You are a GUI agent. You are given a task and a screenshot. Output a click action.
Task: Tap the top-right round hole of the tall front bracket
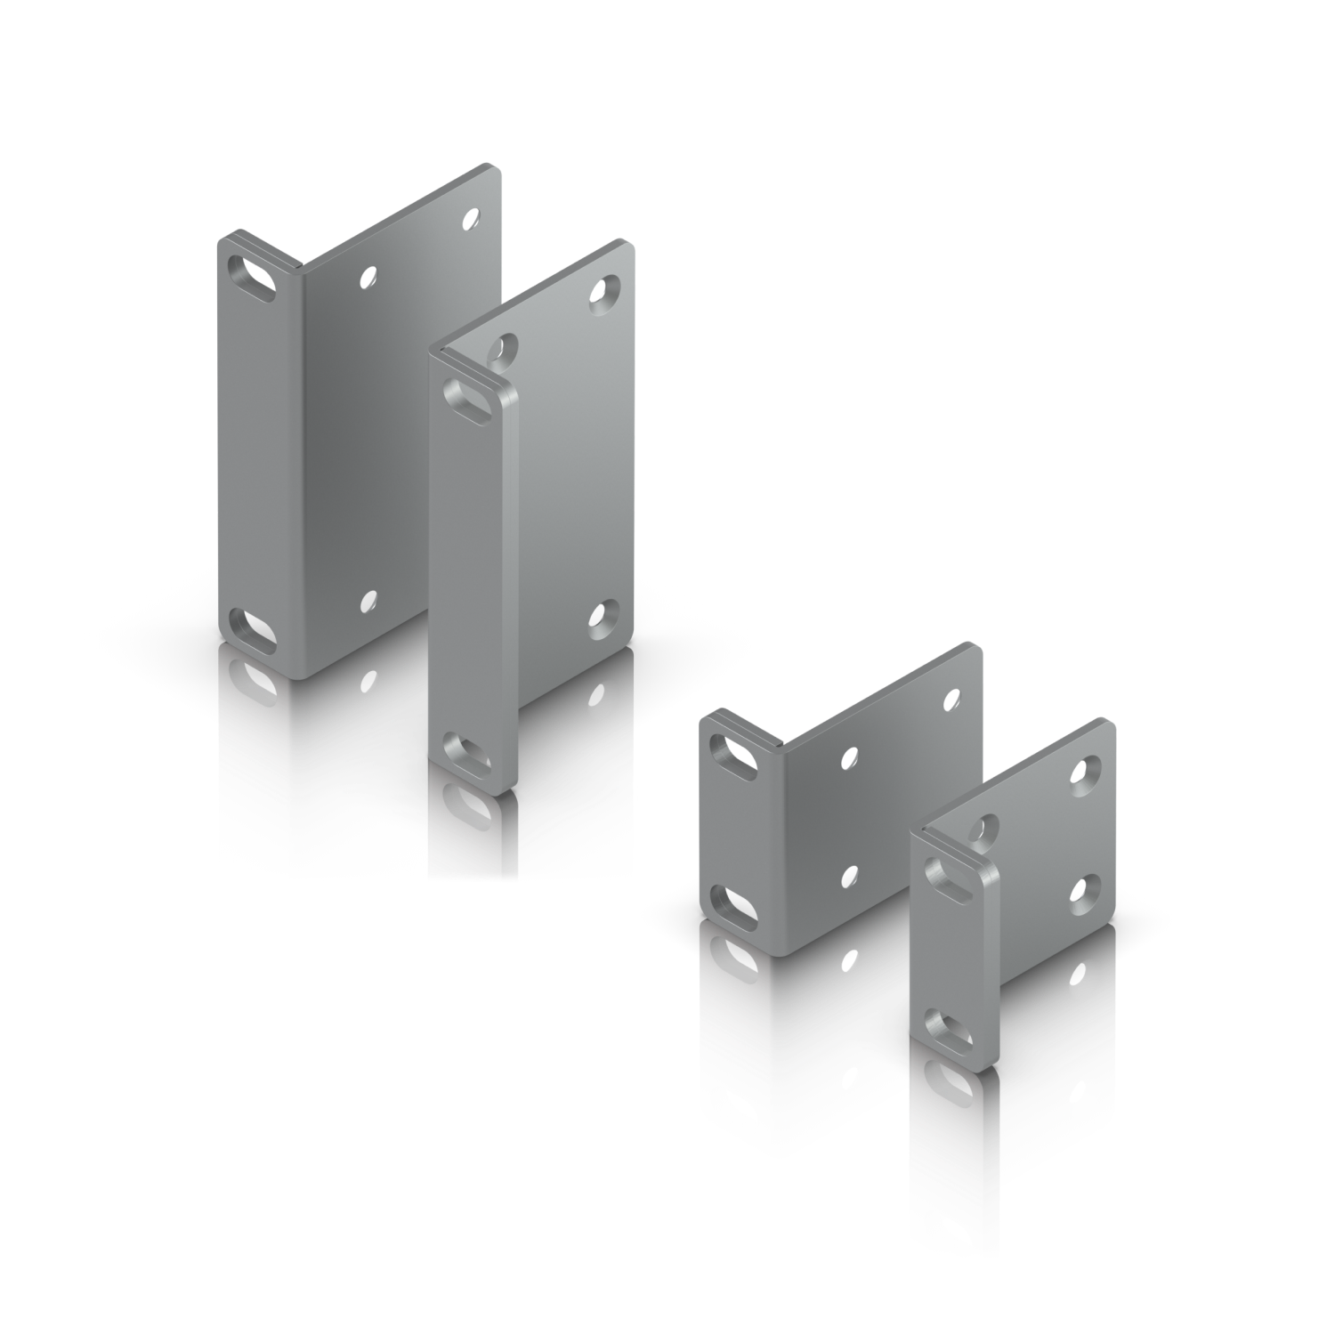pos(608,288)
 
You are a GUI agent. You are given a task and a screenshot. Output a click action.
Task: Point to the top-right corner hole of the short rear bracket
pos(952,697)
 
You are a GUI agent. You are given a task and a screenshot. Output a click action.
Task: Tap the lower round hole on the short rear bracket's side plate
pos(850,877)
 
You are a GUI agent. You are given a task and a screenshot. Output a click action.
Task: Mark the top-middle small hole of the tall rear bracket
pos(367,279)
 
